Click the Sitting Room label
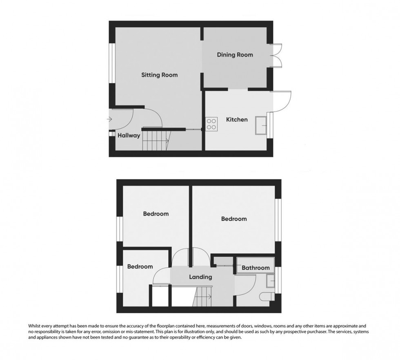pos(159,75)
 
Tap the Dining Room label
pos(235,55)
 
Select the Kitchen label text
pos(237,120)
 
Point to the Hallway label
pos(129,136)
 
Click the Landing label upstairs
pos(200,277)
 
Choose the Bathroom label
pos(256,268)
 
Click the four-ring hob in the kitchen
pos(211,123)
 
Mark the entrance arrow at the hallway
pos(109,119)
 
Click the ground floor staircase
pos(156,141)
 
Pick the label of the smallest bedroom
pos(140,267)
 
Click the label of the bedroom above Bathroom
pos(234,219)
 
